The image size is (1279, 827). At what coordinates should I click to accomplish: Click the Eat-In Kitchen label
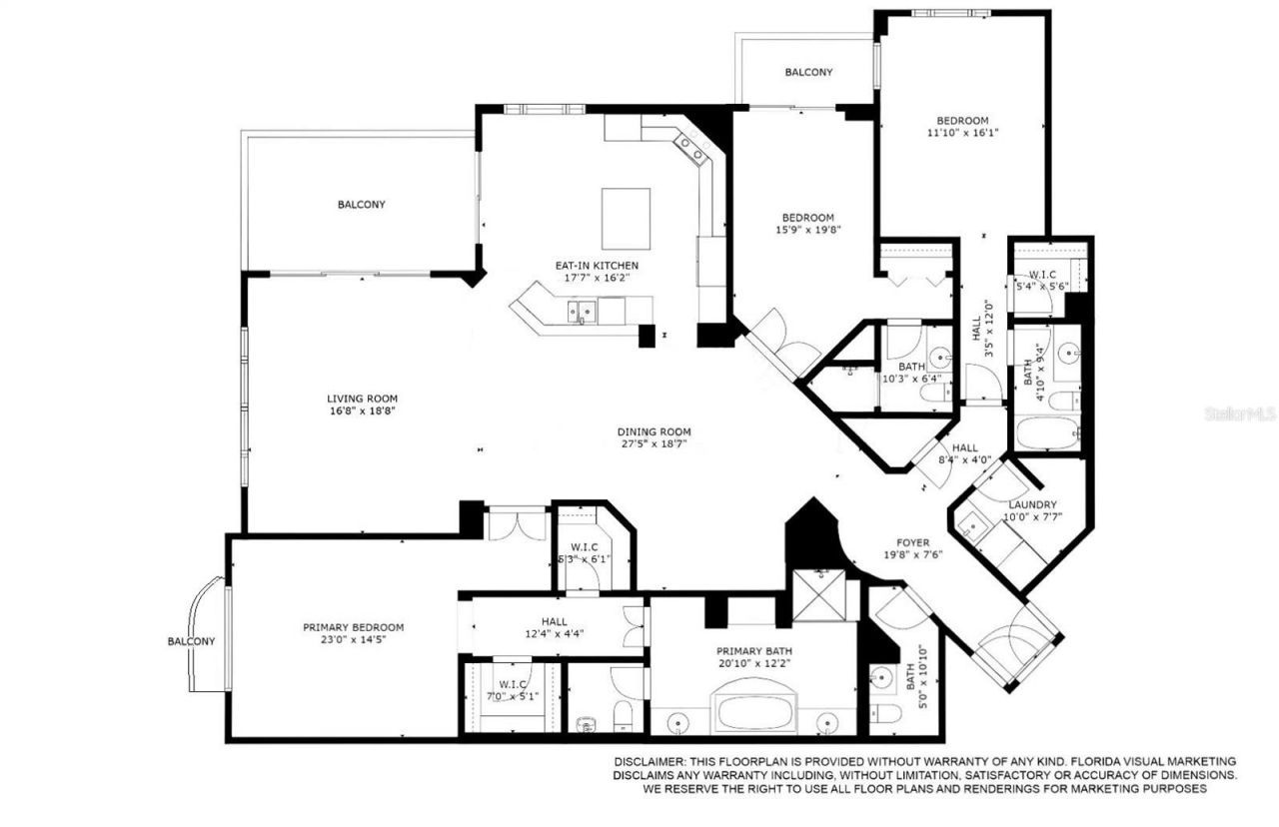[x=597, y=265]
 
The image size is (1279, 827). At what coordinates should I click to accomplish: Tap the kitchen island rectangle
[x=626, y=218]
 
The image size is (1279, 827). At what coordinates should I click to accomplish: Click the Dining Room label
[x=653, y=432]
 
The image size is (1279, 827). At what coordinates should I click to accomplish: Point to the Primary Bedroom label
[x=354, y=627]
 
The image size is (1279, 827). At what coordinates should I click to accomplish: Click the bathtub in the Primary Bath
[x=753, y=711]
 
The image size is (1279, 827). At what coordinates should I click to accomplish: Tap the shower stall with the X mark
[x=824, y=596]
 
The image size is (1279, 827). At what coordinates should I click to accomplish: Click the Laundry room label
[x=1032, y=505]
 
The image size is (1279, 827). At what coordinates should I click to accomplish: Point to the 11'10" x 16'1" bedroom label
[x=962, y=120]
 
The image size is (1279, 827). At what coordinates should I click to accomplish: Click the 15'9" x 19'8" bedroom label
[x=807, y=218]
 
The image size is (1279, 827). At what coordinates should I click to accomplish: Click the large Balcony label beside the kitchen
[x=361, y=205]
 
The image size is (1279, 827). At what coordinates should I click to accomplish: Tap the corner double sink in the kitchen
[x=692, y=149]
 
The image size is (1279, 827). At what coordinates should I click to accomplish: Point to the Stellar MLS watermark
[x=1239, y=413]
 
